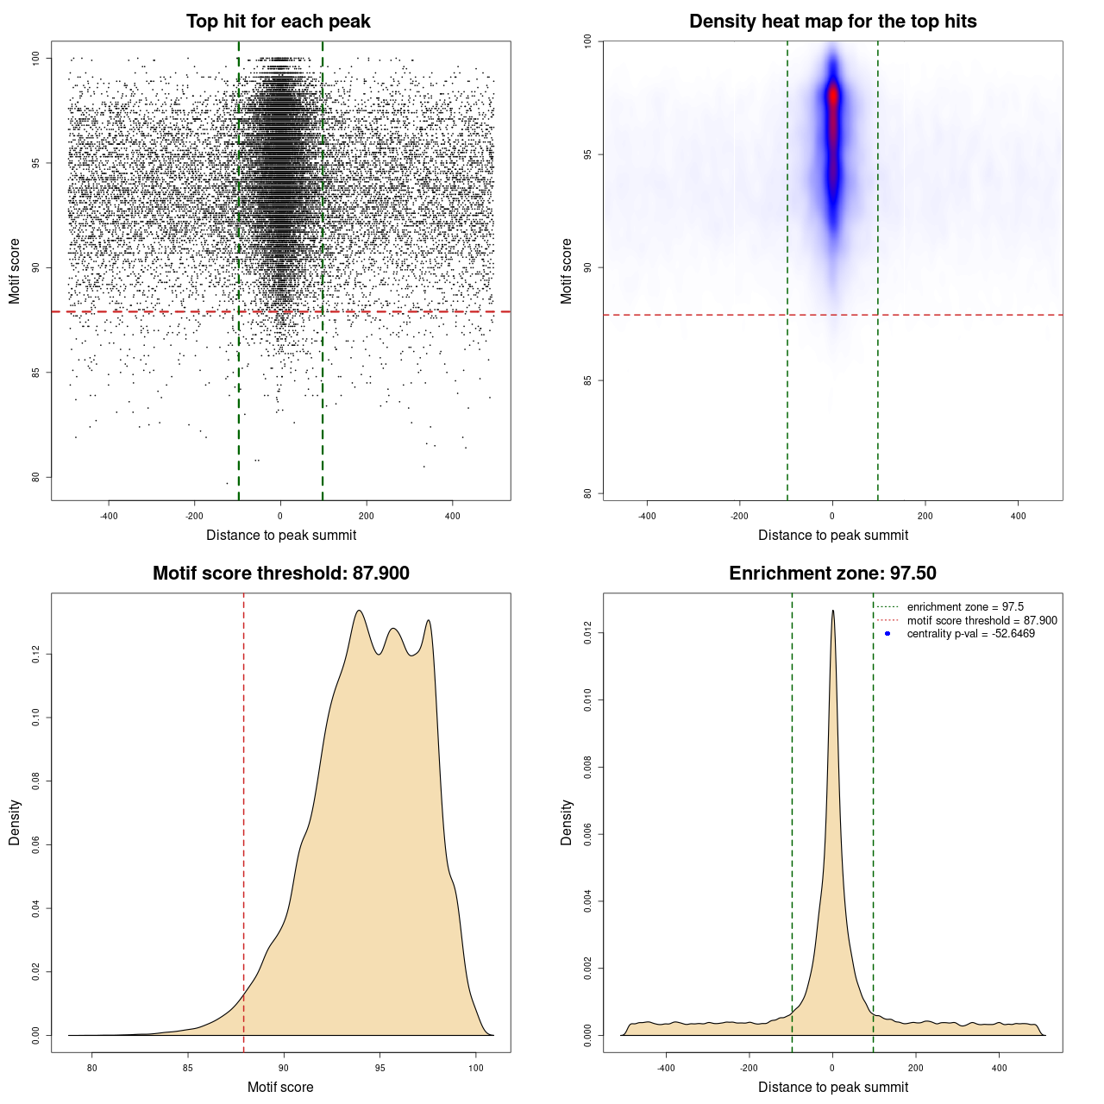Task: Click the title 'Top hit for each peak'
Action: coord(278,22)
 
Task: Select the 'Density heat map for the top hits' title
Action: coord(832,22)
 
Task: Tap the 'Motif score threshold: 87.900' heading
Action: coord(280,574)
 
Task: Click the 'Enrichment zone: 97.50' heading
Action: coord(832,574)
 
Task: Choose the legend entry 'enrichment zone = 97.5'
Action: coord(965,607)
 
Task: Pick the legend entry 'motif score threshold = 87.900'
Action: coord(982,620)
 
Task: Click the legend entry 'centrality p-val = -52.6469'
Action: coord(970,634)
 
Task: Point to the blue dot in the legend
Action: coord(888,634)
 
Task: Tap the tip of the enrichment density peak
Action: coord(833,611)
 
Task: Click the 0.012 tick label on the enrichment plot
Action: coord(588,634)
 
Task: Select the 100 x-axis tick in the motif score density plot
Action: coord(476,1069)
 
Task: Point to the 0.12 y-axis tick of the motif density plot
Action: coord(36,655)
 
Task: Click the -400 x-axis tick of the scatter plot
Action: coord(109,517)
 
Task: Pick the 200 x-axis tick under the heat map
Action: coord(925,517)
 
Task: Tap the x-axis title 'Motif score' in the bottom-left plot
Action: coord(280,1087)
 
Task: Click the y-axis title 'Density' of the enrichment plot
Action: coord(567,822)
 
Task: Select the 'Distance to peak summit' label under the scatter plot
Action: coord(281,535)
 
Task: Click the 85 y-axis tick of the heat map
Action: coord(588,380)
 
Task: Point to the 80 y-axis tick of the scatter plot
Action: coord(36,477)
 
